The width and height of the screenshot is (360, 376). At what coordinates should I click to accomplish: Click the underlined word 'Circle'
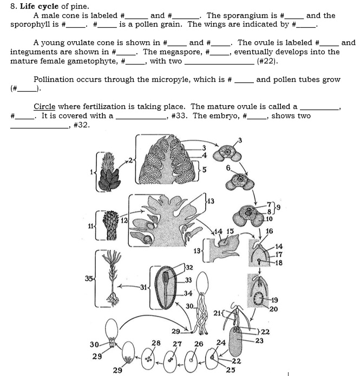(x=44, y=107)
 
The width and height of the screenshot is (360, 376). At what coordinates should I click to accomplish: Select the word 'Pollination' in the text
(x=56, y=80)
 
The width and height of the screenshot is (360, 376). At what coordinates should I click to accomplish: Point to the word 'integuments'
(x=33, y=52)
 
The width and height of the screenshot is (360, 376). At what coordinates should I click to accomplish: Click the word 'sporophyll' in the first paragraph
(x=30, y=24)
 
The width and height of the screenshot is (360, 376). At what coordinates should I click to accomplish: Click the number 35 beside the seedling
(x=88, y=278)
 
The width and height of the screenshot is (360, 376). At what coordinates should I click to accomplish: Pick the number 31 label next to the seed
(x=144, y=287)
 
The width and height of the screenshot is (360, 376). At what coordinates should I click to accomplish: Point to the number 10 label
(x=269, y=219)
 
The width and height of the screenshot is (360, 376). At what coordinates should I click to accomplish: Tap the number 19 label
(x=274, y=300)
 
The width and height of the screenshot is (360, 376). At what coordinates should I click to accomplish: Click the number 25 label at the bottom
(x=230, y=370)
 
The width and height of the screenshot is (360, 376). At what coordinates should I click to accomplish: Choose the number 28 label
(x=156, y=343)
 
